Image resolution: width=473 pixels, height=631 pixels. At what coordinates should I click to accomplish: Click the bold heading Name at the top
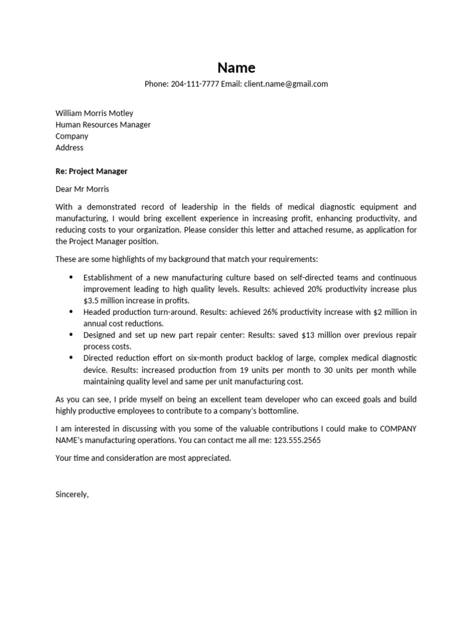(236, 68)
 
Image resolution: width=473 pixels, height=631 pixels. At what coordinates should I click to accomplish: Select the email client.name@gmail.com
(286, 84)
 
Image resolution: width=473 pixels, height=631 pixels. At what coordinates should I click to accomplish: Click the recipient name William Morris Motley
(94, 113)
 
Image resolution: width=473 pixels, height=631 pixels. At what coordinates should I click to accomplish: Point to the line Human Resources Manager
(103, 124)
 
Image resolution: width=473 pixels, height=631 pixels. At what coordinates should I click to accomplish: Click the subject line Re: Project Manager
(91, 171)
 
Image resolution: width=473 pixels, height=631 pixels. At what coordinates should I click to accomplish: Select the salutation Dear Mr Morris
(82, 189)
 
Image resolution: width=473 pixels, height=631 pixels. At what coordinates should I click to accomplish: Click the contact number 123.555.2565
(297, 441)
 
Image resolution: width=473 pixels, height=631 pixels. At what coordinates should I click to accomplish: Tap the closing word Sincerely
(72, 494)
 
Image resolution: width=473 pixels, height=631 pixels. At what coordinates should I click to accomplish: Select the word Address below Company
(70, 148)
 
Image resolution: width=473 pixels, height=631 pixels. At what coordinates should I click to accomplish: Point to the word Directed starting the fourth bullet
(100, 358)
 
